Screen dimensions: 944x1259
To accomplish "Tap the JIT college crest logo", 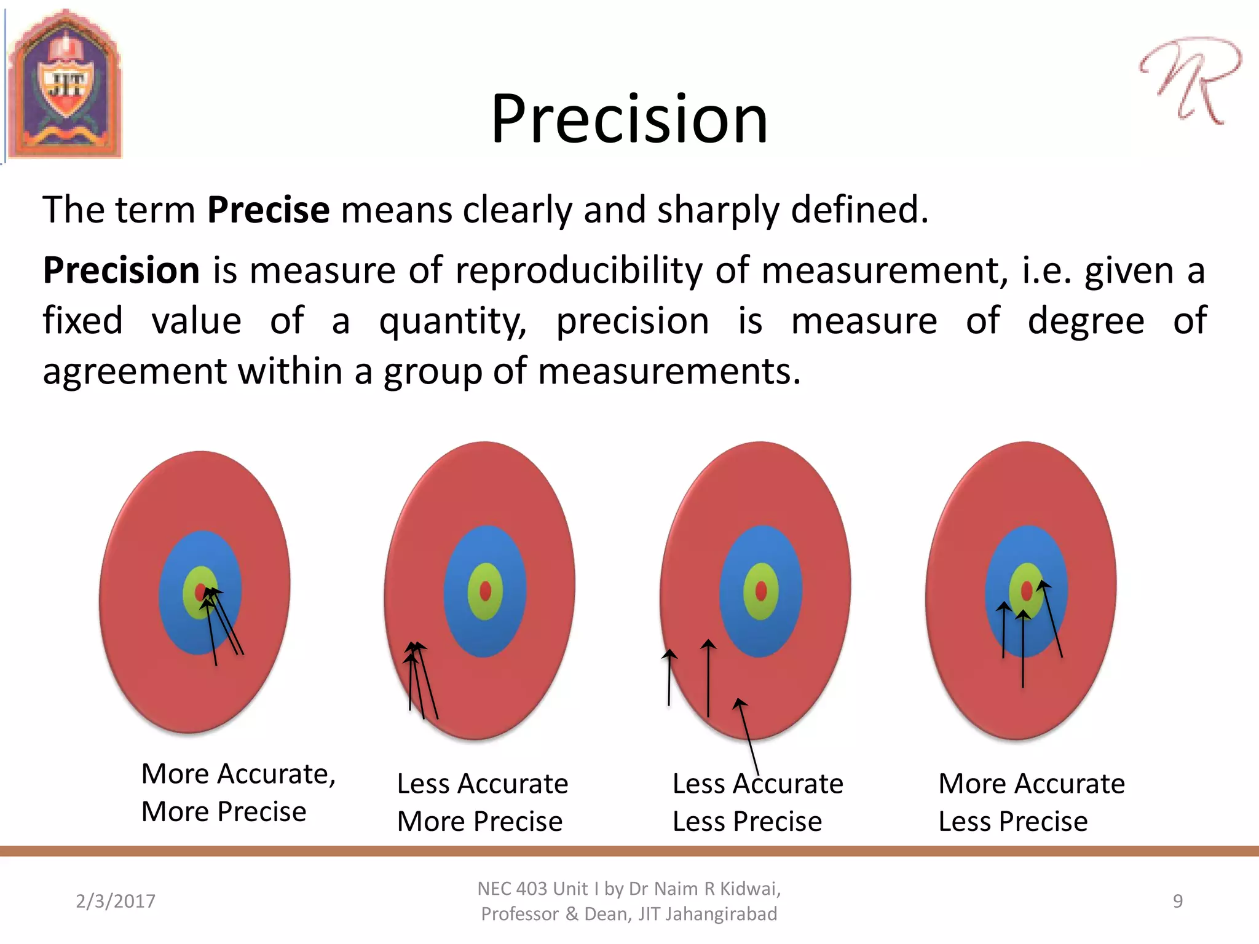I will pos(65,85).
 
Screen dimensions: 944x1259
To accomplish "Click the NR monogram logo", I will pos(1189,80).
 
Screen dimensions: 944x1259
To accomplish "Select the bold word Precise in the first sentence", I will pos(268,210).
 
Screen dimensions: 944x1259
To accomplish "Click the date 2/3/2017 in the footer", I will pos(116,901).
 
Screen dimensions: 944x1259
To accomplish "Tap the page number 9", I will pos(1177,901).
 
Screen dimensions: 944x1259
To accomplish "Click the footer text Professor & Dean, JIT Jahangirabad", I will pos(628,914).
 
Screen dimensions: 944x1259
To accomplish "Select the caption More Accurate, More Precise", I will pos(237,792).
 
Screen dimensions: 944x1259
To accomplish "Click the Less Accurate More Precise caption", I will pos(482,802).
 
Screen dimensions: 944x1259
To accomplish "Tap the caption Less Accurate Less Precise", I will pos(757,802).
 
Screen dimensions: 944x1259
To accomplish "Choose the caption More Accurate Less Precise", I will pos(1031,802).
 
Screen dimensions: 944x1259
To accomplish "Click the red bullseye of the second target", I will pos(485,591).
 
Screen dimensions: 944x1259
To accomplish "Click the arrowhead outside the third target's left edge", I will pos(669,654).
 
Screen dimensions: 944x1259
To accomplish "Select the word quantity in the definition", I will pos(452,321).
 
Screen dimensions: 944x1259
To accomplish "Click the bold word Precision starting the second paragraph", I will pos(121,270).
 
